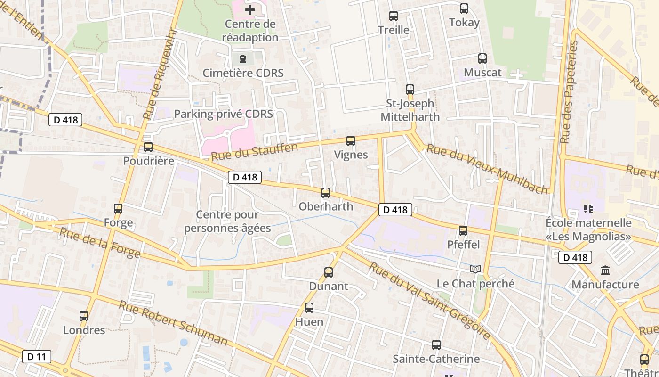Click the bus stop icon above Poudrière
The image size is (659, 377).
click(148, 147)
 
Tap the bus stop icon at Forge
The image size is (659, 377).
click(118, 208)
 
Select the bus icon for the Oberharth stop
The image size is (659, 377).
click(326, 192)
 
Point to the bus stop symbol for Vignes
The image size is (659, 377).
click(351, 140)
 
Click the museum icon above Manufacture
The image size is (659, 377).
click(605, 270)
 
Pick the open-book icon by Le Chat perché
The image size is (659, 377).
click(476, 269)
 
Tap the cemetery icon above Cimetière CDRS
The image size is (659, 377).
click(243, 59)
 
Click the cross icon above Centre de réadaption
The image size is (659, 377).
click(250, 9)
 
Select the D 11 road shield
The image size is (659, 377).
click(37, 357)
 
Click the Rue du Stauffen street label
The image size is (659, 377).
click(254, 152)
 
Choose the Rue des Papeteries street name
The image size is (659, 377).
click(569, 92)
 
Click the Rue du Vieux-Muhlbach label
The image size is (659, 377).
click(487, 169)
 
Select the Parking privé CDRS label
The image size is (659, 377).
click(223, 114)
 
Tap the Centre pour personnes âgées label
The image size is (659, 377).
click(227, 221)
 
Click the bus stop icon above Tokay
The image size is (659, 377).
click(464, 8)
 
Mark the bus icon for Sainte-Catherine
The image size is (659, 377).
click(436, 345)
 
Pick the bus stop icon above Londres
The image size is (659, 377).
click(84, 316)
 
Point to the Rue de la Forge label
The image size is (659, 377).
click(100, 243)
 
